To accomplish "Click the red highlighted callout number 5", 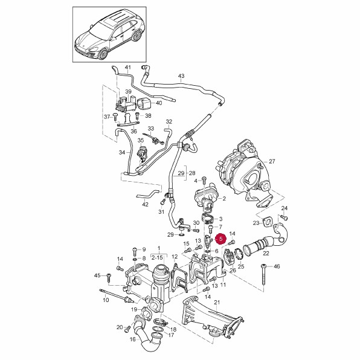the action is pos(221,239).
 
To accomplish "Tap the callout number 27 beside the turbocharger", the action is pos(272,162).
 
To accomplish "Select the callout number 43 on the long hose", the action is pos(181,76).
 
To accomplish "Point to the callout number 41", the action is pos(127,68).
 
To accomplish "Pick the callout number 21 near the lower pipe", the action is pos(217,303).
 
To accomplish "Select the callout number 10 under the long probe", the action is pos(106,300).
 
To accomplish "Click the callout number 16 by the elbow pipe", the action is pos(133,339).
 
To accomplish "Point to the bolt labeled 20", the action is pos(127,330).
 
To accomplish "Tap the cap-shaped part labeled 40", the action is pos(143,104).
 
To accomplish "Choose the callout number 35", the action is pos(141,140).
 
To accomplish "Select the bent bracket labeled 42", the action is pos(148,194).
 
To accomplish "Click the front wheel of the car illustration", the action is pos(103,54).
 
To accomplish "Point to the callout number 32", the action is pos(169,121).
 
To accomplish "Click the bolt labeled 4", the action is pos(204,179).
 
